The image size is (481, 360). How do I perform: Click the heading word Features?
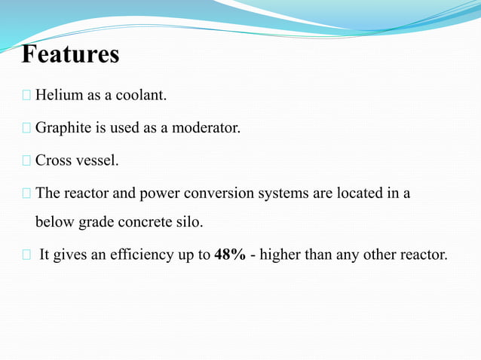click(71, 55)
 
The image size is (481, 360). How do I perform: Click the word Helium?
click(58, 96)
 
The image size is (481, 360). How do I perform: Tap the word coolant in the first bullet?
click(142, 96)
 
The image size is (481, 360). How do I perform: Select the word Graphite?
click(63, 129)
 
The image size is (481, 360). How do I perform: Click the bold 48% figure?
click(229, 255)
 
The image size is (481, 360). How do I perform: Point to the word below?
click(53, 223)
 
